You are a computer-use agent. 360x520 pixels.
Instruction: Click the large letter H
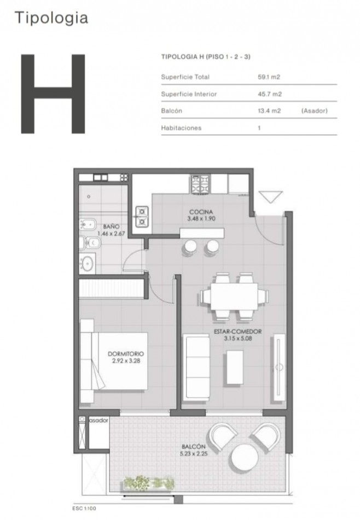point(53,94)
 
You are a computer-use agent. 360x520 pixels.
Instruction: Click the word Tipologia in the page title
point(51,18)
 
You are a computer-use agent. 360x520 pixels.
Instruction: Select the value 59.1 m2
point(269,77)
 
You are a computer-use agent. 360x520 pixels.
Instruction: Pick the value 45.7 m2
point(270,94)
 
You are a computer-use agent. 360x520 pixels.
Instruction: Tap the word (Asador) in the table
point(314,111)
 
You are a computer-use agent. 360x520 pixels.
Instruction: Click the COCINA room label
point(201,212)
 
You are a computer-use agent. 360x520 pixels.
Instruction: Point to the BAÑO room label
point(112,227)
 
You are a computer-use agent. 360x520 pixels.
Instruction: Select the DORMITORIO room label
point(126,354)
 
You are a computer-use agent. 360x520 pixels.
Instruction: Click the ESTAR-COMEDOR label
point(237,331)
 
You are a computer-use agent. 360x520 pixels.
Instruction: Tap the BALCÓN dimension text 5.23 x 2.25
point(194,453)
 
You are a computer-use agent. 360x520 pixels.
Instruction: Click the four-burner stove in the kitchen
point(200,184)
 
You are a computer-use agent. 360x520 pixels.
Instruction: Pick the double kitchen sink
point(142,217)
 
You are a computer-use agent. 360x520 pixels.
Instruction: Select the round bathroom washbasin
point(88,264)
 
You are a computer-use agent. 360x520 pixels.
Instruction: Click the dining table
point(234,296)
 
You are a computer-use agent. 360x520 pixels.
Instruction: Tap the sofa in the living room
point(196,367)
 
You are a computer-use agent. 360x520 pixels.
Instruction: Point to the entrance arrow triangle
point(271,197)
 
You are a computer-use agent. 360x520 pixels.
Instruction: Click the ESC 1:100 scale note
point(84,508)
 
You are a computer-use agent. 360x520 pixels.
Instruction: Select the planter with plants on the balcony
point(149,483)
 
